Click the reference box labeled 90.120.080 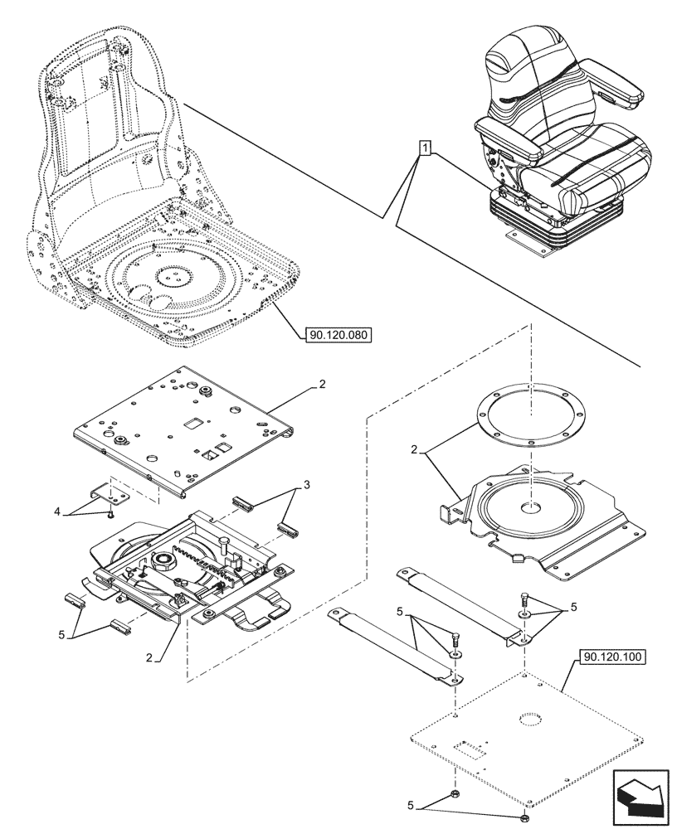click(x=338, y=336)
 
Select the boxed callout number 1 click(x=425, y=149)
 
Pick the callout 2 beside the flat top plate click(x=322, y=385)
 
